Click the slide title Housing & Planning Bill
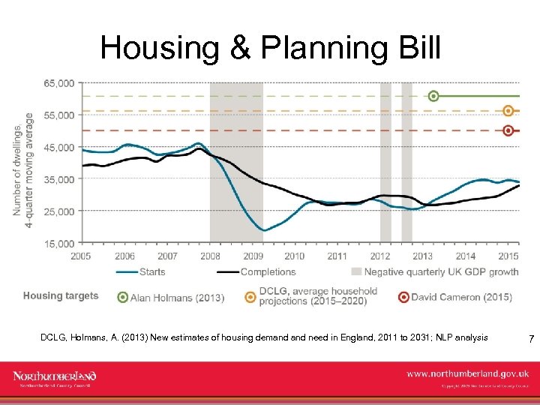point(270,48)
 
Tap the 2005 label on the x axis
point(82,256)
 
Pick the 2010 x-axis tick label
point(295,256)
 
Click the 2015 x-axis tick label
point(508,256)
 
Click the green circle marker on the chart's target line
point(433,96)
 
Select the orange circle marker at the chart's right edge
point(508,111)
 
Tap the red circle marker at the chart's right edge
point(508,130)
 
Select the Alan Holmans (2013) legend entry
point(177,297)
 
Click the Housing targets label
point(61,295)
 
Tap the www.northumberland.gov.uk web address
point(468,373)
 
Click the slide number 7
point(531,340)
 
